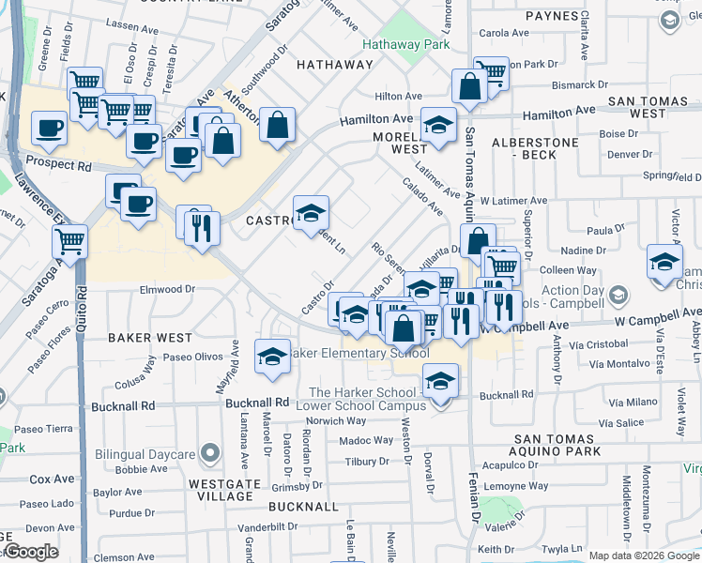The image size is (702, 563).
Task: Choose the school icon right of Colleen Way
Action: (x=664, y=261)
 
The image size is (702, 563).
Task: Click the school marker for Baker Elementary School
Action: (x=272, y=358)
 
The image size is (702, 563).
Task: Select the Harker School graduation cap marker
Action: (x=439, y=381)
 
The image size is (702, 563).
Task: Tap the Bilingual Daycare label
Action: (x=145, y=455)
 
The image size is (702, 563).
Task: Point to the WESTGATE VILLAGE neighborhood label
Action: (x=221, y=492)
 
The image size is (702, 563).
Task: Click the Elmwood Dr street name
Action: (x=169, y=290)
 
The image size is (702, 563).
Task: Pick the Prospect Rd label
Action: (x=59, y=165)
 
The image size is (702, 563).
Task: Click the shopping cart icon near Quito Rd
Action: (x=70, y=242)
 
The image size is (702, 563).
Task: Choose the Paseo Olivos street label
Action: (x=193, y=357)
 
